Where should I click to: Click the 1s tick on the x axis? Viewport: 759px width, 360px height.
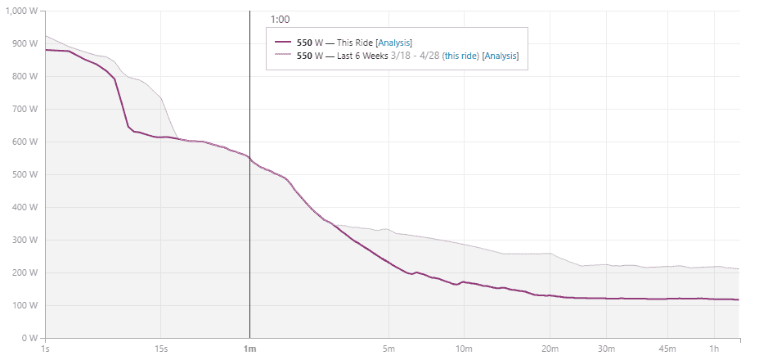45,349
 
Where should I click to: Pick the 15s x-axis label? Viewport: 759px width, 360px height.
161,349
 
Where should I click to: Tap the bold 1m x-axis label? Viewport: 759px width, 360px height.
249,349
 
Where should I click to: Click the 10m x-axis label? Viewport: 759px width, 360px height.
464,349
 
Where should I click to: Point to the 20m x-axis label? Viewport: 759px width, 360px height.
550,349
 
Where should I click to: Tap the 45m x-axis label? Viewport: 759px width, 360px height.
667,349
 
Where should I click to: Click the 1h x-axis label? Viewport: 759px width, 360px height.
714,349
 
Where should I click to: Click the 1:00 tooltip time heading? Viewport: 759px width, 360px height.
280,19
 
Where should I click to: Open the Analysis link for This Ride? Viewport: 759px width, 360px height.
394,42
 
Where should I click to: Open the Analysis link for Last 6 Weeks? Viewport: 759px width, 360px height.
501,56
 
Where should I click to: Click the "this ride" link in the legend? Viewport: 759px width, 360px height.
460,56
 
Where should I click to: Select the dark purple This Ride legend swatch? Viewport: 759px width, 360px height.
283,42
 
